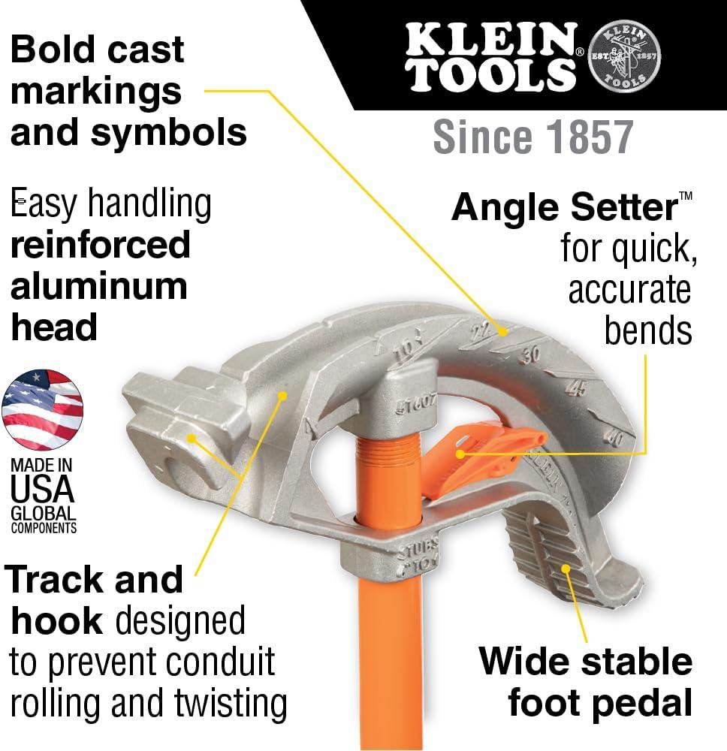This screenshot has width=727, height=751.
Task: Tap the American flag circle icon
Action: [x=43, y=410]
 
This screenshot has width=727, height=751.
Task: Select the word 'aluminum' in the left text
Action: [x=98, y=286]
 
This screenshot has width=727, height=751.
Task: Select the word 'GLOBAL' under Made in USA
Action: [x=43, y=514]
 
